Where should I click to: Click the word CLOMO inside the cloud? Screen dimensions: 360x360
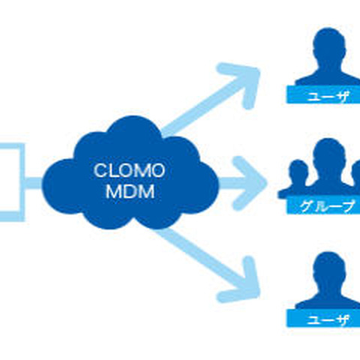coord(129,169)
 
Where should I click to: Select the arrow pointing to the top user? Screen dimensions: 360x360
coord(210,104)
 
